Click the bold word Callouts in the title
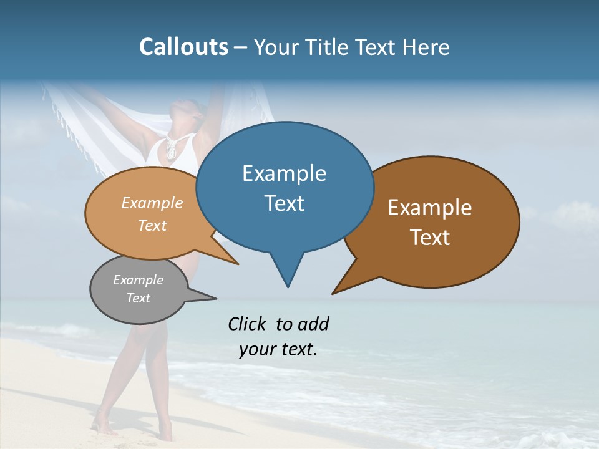(x=183, y=47)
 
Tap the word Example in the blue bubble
(x=284, y=173)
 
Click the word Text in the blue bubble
(x=284, y=203)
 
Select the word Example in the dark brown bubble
(x=430, y=208)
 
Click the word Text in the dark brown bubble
(x=430, y=238)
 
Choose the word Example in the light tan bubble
(x=152, y=203)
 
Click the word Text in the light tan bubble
(x=152, y=225)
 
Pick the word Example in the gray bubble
(x=138, y=280)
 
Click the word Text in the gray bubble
(x=138, y=298)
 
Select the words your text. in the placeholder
(x=278, y=349)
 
